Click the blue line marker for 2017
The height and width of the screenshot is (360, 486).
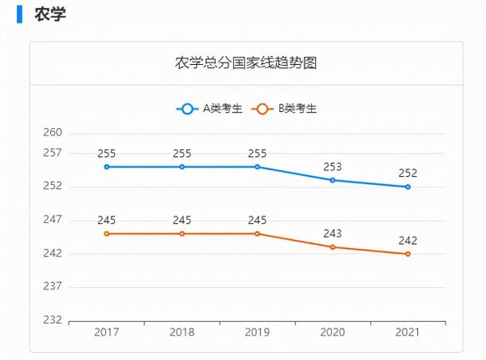click(x=107, y=167)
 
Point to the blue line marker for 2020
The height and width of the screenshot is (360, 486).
click(x=333, y=180)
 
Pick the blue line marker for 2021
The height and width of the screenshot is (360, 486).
click(x=407, y=186)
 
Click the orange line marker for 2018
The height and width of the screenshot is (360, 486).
click(x=182, y=234)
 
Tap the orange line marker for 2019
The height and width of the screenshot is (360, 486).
click(x=258, y=234)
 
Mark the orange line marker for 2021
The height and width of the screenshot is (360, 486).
click(x=407, y=254)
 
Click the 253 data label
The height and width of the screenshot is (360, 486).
click(x=333, y=167)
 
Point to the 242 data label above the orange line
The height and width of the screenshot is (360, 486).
click(x=407, y=240)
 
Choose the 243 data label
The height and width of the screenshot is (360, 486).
click(x=333, y=234)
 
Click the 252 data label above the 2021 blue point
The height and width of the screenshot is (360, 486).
click(x=407, y=174)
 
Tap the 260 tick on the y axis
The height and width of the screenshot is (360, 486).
click(x=53, y=133)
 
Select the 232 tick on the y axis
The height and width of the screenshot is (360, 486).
click(x=53, y=320)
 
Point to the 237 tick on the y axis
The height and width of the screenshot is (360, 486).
click(x=53, y=287)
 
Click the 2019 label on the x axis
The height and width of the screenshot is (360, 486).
click(x=258, y=332)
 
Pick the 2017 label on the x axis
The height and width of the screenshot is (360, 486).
click(x=107, y=332)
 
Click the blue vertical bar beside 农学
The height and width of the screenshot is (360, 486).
click(x=19, y=14)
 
